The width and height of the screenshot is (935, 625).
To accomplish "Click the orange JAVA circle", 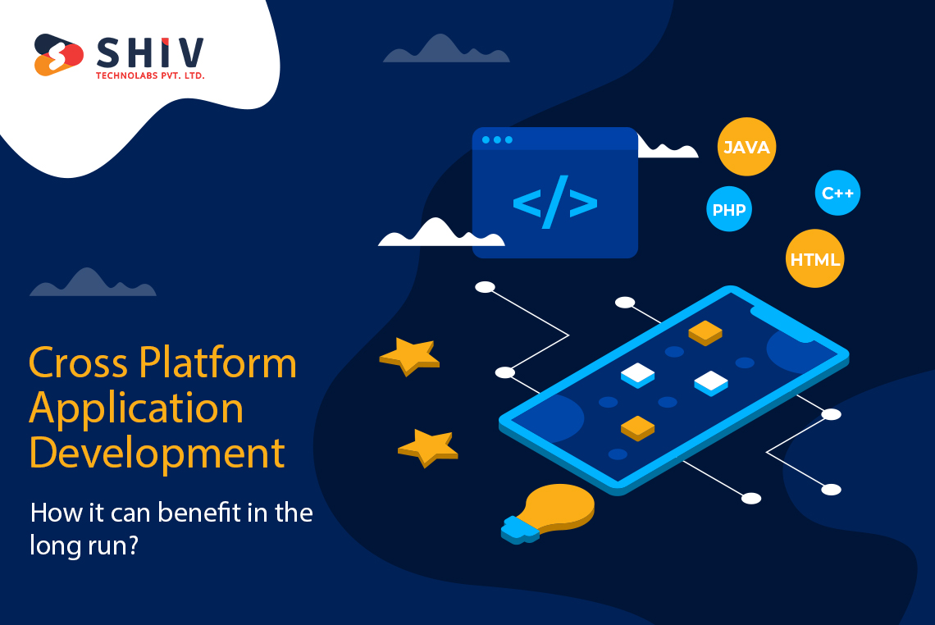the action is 746,148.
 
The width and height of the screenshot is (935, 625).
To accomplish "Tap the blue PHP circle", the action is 728,210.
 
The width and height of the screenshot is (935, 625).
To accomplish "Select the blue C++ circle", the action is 837,194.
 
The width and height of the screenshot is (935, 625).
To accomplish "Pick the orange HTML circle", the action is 814,259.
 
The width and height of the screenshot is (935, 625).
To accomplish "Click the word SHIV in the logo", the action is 150,53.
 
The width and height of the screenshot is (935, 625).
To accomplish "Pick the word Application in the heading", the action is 136,408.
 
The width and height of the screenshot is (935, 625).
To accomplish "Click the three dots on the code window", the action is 497,140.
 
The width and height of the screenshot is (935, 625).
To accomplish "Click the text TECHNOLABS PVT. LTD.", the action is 150,75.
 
